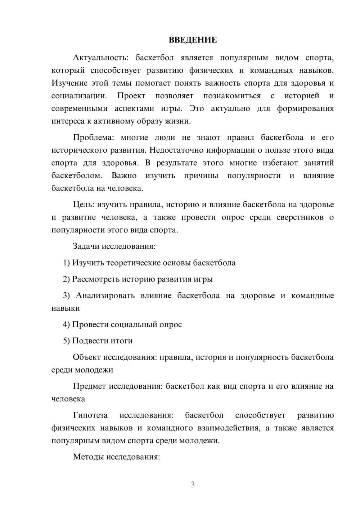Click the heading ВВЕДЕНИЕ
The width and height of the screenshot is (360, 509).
coord(193,40)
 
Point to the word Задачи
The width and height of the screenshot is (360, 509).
coord(86,247)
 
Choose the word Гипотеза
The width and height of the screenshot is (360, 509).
coord(90,415)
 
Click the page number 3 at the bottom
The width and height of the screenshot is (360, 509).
coord(193,485)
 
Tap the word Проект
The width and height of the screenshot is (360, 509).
coord(131,96)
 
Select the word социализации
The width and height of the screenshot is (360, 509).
coord(79,96)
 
